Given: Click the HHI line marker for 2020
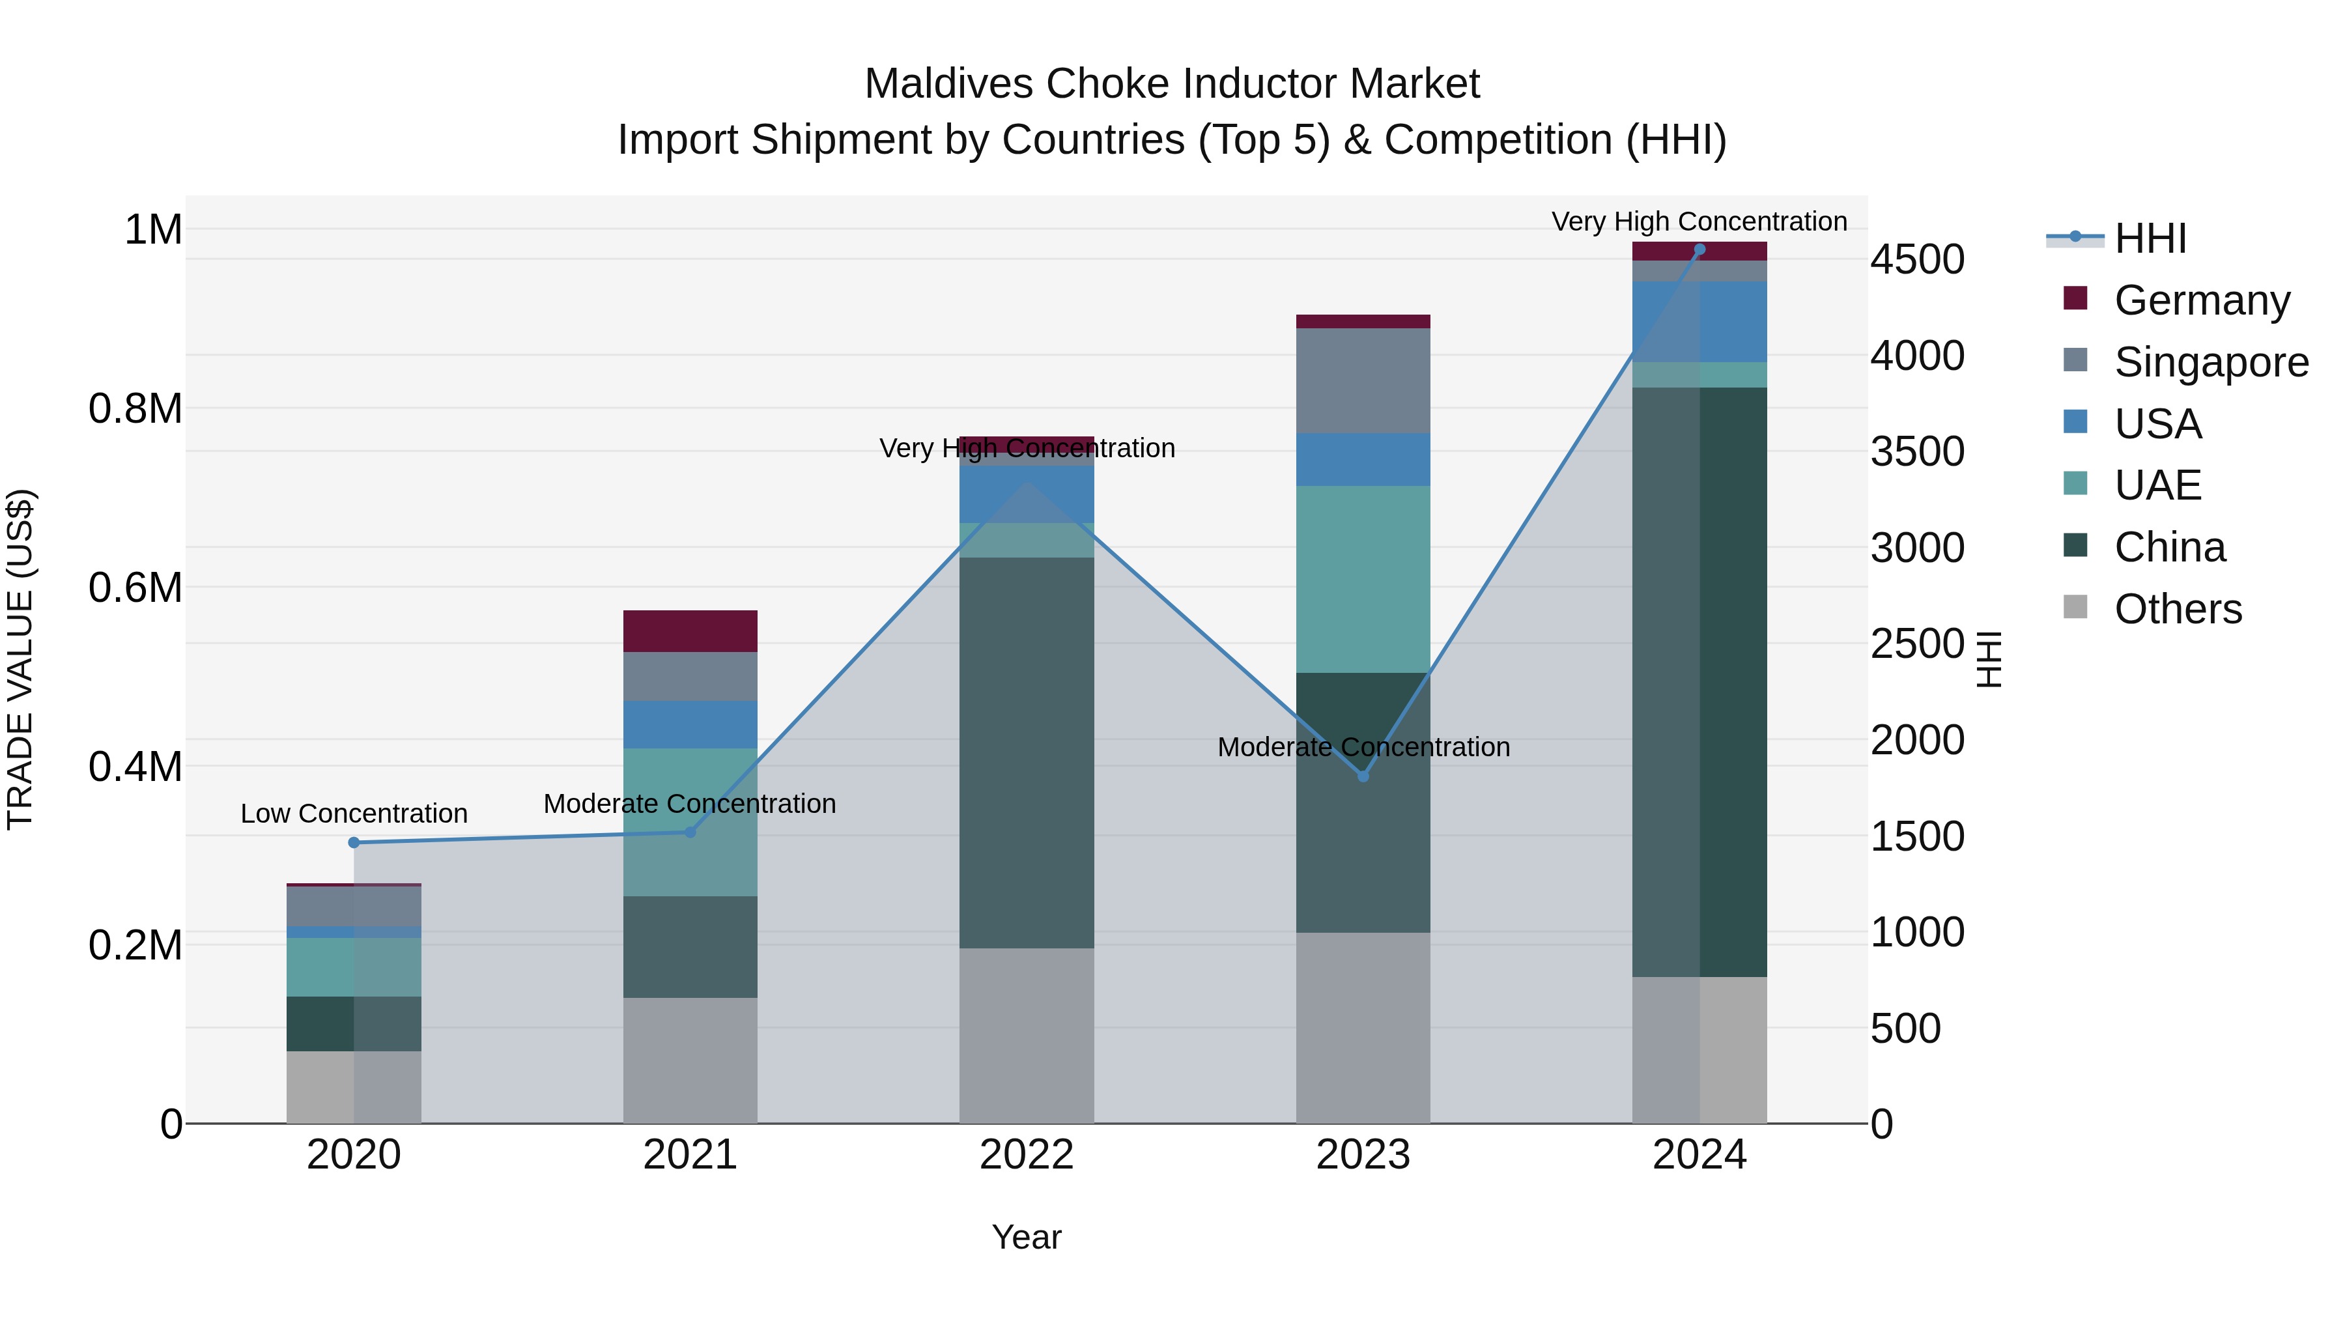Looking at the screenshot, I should pos(354,843).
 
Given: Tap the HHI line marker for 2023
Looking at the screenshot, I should pos(1363,776).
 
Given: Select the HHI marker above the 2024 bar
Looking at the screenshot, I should pos(1699,249).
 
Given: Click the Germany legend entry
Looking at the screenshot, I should pos(2201,300).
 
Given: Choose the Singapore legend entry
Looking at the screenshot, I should pos(2210,362).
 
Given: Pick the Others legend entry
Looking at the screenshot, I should pos(2178,609).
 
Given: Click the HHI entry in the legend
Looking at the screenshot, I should pos(2150,238).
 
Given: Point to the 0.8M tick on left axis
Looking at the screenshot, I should pos(135,408).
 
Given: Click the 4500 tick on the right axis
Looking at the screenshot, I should pos(1917,259).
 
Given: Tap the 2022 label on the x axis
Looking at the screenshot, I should pos(1027,1155).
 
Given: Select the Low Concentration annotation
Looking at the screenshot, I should pos(354,814).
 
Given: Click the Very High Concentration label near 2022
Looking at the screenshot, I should pos(1027,449).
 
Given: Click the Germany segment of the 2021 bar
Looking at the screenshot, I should pos(690,631).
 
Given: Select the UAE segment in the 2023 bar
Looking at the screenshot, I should pos(1363,579).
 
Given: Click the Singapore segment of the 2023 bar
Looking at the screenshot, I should pos(1363,380).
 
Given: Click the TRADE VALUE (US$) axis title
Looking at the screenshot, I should pos(20,659).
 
